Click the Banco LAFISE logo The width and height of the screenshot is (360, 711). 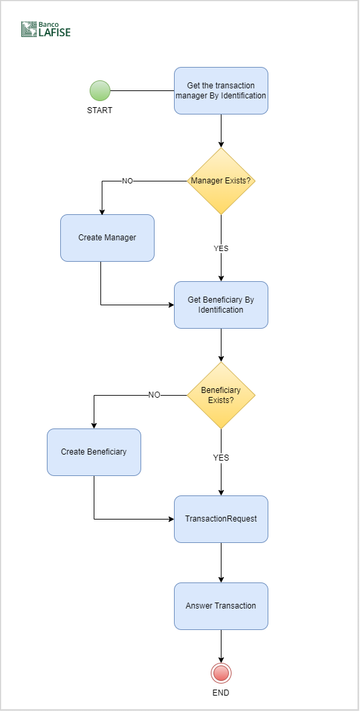[46, 29]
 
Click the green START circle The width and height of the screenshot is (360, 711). [100, 90]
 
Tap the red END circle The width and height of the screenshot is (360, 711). [221, 674]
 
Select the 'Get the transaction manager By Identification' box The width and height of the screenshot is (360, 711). [221, 90]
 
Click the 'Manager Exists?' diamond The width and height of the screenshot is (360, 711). [221, 181]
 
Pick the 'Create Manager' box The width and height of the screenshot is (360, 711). [108, 238]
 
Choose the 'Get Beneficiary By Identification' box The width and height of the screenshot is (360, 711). [221, 305]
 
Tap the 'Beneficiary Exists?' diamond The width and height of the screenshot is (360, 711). [221, 396]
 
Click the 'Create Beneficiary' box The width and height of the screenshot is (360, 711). [94, 452]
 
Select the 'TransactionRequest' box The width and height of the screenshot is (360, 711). [221, 520]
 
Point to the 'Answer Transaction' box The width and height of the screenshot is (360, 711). [221, 607]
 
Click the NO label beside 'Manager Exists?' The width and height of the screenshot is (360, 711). [127, 181]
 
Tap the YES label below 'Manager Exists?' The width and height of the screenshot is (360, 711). [221, 248]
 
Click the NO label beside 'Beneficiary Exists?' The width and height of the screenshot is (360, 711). [154, 395]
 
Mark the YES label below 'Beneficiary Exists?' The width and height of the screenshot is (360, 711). [221, 458]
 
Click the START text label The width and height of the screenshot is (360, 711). [100, 110]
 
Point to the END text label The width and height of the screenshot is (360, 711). [221, 693]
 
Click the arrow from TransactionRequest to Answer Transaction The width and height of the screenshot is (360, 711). [221, 563]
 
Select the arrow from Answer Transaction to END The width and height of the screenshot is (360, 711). [221, 646]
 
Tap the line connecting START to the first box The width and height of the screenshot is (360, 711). [143, 90]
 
